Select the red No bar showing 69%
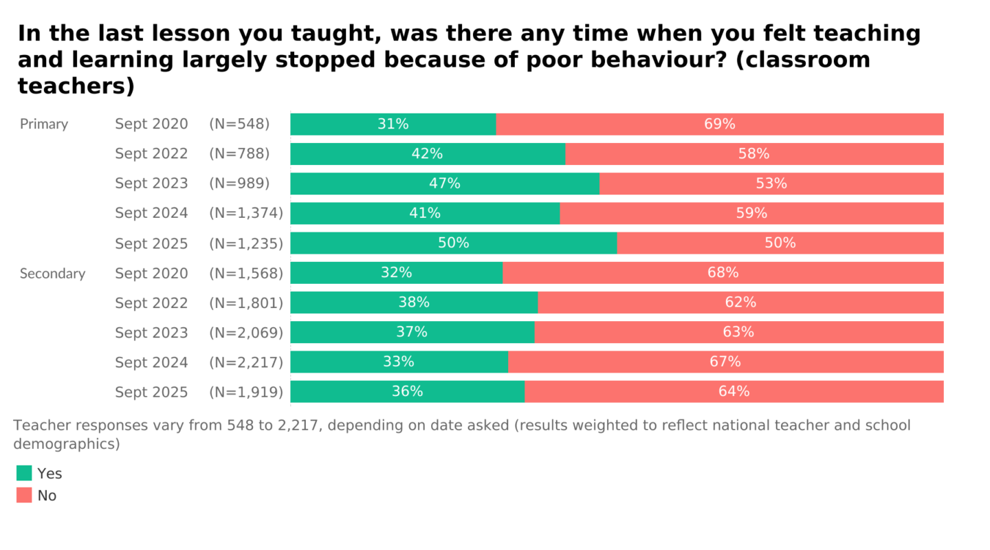click(x=719, y=124)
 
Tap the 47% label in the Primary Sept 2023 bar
click(x=444, y=184)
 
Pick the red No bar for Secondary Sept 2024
click(x=725, y=362)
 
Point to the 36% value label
click(x=407, y=391)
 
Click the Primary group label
click(x=44, y=124)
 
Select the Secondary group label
click(x=52, y=274)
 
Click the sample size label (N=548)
click(x=239, y=124)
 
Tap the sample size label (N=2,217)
click(x=246, y=362)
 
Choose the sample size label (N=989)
click(x=239, y=184)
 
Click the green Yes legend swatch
click(x=24, y=473)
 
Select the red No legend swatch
click(x=24, y=495)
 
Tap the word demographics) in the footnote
click(x=67, y=444)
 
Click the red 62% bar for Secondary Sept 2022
click(x=740, y=302)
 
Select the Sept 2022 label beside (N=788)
click(x=151, y=154)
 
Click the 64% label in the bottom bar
click(x=734, y=391)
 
